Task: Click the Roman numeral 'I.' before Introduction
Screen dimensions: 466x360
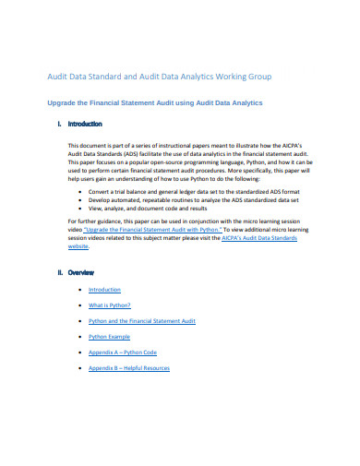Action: [59, 124]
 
